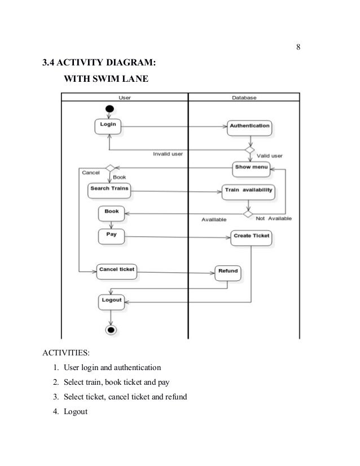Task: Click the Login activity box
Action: click(x=107, y=126)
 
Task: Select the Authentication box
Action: click(x=249, y=126)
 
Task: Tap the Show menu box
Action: click(x=252, y=168)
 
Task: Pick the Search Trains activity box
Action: click(x=109, y=191)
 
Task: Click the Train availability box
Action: click(x=249, y=191)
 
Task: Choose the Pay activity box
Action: click(x=111, y=235)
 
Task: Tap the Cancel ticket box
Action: click(x=117, y=270)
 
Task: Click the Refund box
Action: click(x=228, y=272)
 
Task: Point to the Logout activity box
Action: click(x=111, y=301)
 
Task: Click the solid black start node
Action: click(x=109, y=108)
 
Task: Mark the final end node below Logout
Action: click(x=111, y=329)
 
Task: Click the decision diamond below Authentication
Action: click(x=248, y=151)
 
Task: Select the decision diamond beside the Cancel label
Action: click(x=110, y=168)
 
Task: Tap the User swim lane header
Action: click(x=124, y=98)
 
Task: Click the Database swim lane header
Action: click(x=244, y=98)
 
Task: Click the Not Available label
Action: click(x=274, y=218)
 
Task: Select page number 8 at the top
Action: click(x=298, y=46)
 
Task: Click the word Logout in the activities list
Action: click(x=76, y=411)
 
